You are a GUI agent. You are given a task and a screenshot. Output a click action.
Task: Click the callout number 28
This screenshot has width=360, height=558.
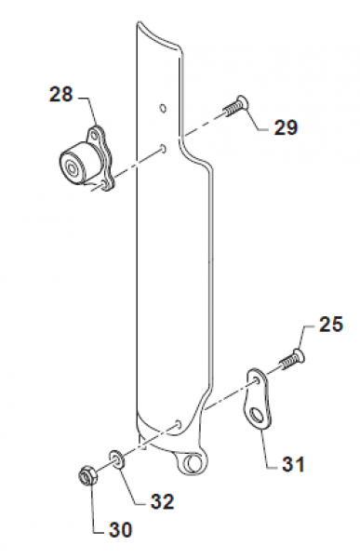(x=61, y=94)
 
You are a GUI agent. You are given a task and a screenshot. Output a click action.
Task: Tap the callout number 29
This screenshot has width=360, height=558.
(x=286, y=127)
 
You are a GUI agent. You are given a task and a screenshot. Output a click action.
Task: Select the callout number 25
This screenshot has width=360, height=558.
(x=331, y=325)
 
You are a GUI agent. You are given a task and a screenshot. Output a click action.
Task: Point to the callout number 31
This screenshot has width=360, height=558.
(x=293, y=464)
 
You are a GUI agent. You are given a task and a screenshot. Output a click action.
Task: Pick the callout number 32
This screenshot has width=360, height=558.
(x=162, y=501)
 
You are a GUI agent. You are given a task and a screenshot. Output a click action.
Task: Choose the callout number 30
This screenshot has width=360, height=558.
(x=120, y=530)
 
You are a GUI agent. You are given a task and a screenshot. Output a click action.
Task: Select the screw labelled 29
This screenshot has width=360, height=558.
(x=235, y=106)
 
